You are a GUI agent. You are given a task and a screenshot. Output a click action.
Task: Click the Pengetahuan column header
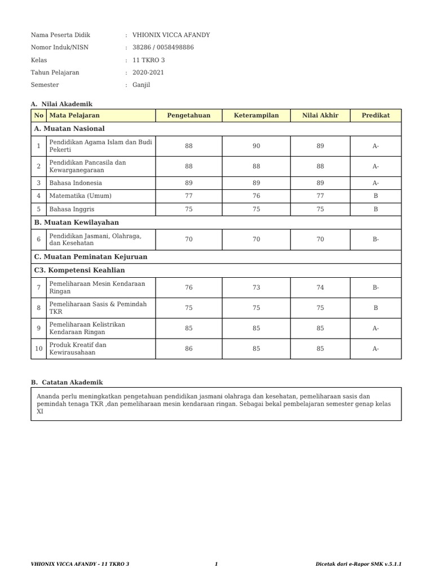pyautogui.click(x=188, y=116)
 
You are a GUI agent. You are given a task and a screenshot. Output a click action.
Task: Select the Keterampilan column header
pyautogui.click(x=256, y=116)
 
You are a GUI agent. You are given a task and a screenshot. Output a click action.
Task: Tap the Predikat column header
pyautogui.click(x=375, y=116)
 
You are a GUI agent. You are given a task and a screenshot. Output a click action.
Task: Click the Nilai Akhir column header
pyautogui.click(x=320, y=116)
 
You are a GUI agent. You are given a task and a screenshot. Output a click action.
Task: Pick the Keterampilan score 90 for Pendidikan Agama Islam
pyautogui.click(x=256, y=146)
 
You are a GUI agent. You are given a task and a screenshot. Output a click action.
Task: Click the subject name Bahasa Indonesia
pyautogui.click(x=76, y=183)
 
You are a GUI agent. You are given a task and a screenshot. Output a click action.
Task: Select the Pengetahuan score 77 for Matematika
pyautogui.click(x=188, y=196)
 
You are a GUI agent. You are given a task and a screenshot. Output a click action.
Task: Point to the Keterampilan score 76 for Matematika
pyautogui.click(x=256, y=196)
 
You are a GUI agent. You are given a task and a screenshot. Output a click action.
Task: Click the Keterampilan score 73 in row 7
pyautogui.click(x=256, y=287)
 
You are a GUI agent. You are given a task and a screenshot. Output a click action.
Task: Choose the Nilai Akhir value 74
pyautogui.click(x=320, y=287)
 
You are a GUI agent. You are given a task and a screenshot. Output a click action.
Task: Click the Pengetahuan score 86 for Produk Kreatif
pyautogui.click(x=188, y=349)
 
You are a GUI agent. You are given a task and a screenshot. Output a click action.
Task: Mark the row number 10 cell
pyautogui.click(x=39, y=349)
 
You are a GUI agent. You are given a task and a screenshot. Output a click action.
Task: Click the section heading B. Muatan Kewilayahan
pyautogui.click(x=76, y=223)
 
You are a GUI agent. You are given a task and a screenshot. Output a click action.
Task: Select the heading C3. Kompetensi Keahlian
pyautogui.click(x=79, y=270)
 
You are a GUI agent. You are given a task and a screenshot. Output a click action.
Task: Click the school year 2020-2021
pyautogui.click(x=148, y=72)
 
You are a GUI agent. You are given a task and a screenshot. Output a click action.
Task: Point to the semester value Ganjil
pyautogui.click(x=142, y=85)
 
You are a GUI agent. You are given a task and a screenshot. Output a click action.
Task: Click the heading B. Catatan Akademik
pyautogui.click(x=67, y=382)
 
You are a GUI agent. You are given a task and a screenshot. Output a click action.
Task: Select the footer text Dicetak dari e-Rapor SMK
pyautogui.click(x=360, y=564)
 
